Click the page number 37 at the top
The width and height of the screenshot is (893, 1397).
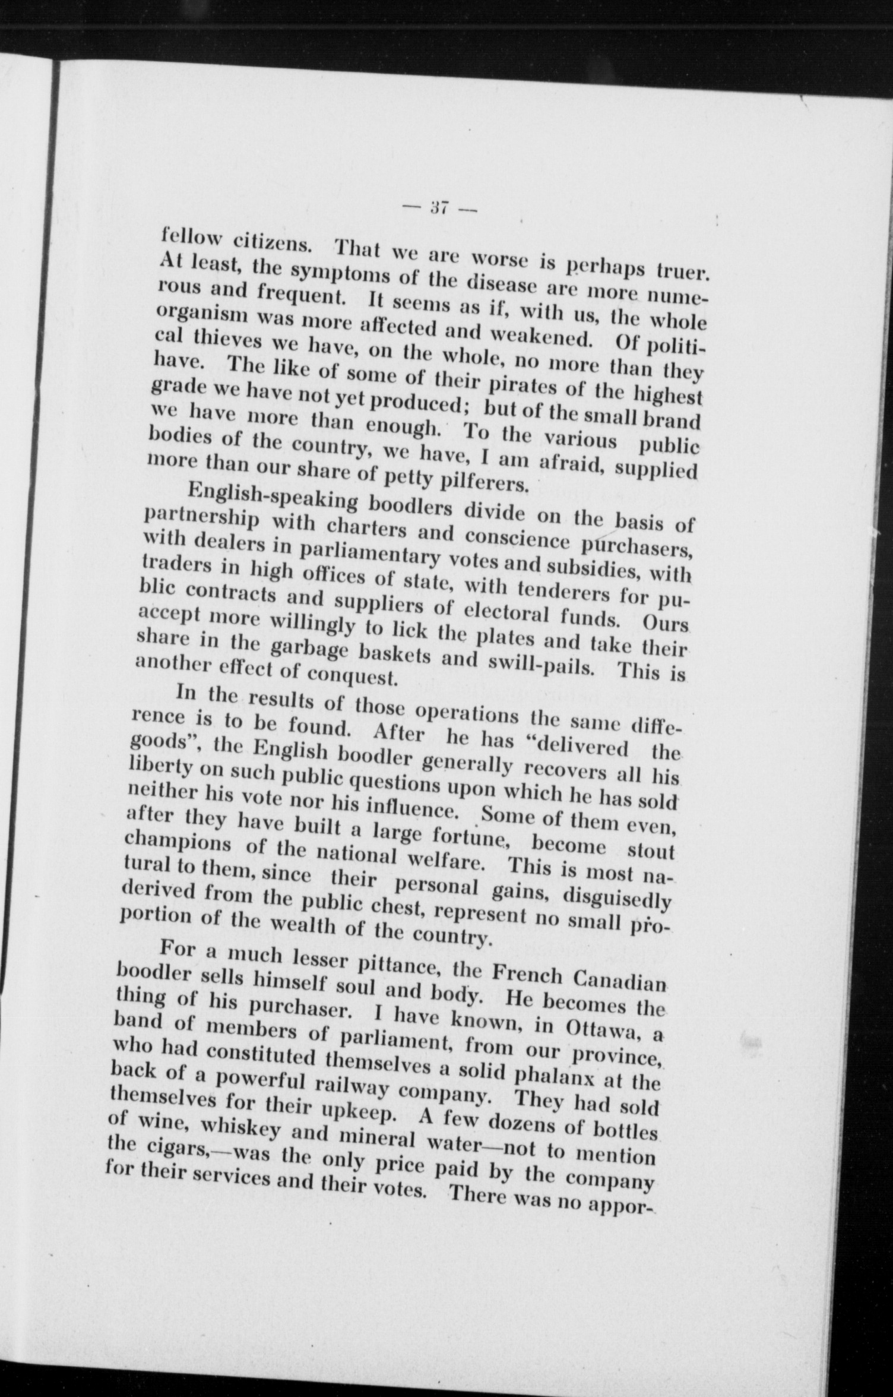point(439,208)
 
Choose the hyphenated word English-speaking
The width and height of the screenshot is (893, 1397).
point(273,499)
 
